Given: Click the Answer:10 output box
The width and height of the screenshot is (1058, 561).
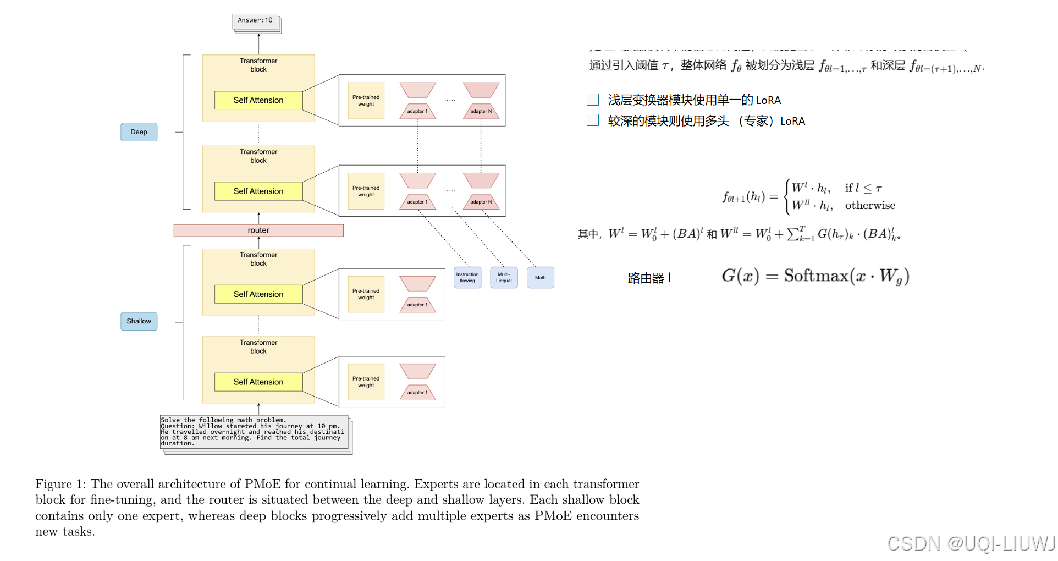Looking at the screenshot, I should coord(255,21).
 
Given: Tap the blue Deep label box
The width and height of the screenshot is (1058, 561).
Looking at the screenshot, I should coord(139,132).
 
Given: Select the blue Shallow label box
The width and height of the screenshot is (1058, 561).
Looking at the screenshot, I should coord(139,321).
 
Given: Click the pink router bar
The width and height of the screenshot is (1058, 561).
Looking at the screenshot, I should coord(258,230).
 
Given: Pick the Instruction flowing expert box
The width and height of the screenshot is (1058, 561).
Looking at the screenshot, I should coord(467,277).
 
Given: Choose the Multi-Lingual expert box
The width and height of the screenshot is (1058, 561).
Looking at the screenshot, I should coord(504,277).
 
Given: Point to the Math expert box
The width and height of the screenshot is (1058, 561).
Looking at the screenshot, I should coord(540,277).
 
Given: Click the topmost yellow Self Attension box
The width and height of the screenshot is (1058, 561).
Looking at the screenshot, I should coord(258,100).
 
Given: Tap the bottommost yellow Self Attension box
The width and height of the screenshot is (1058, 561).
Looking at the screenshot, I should coord(258,382).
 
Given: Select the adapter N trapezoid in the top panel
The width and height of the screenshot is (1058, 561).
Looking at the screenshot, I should coord(481,111).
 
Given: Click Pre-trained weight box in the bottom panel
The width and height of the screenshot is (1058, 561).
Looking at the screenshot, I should coord(366,382).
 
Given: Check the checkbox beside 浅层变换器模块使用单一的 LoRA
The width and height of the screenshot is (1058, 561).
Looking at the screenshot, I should coord(593,100).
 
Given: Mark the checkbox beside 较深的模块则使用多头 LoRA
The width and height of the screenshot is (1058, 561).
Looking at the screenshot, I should coord(593,120).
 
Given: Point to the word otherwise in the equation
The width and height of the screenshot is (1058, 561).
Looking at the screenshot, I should coord(870,206).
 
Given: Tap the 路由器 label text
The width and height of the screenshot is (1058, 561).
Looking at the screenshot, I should coord(646,278).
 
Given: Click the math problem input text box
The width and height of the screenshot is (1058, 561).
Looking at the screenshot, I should coord(254,432).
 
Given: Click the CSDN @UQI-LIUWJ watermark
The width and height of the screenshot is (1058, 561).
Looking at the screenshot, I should coord(971,543).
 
